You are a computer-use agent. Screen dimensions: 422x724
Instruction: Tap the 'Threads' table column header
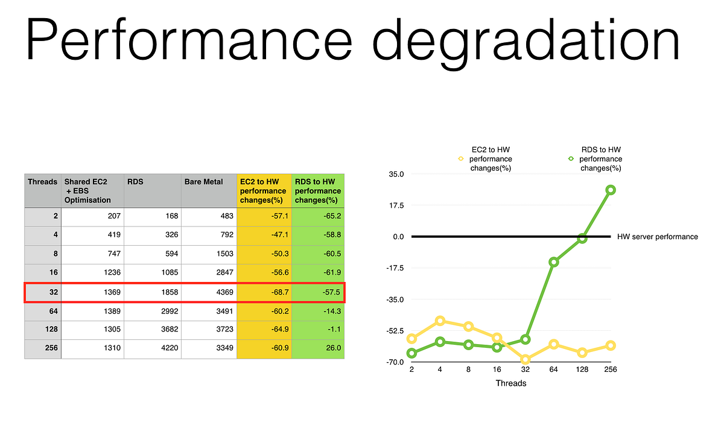(x=42, y=181)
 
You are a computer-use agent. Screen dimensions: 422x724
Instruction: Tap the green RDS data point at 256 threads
(x=611, y=190)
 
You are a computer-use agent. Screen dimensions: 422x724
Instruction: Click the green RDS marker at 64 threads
(x=554, y=262)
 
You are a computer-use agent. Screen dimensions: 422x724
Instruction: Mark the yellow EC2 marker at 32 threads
(x=526, y=360)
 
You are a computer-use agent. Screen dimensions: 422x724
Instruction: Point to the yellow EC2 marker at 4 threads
(x=440, y=321)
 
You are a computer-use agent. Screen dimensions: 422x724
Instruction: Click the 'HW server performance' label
(x=658, y=237)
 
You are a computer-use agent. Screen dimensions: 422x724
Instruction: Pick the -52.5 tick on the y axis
(x=394, y=331)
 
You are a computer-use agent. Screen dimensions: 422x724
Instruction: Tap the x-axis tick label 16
(x=497, y=369)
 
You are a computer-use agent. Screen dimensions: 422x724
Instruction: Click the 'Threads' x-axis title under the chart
(x=510, y=383)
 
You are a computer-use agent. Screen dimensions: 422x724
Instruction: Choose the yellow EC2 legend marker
(x=460, y=159)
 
